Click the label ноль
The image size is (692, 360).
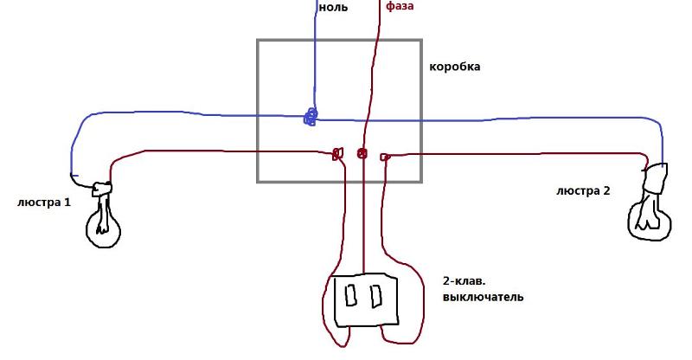click(x=333, y=7)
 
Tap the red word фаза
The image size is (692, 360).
click(x=400, y=6)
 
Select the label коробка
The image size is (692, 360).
click(x=455, y=67)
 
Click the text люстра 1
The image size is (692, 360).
click(x=44, y=202)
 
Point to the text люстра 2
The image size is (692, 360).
click(x=583, y=191)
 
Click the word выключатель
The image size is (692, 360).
click(x=484, y=296)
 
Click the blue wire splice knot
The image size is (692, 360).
click(x=311, y=117)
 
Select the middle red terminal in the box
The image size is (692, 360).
click(x=362, y=154)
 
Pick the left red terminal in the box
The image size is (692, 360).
click(x=337, y=154)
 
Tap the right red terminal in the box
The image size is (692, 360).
click(x=384, y=157)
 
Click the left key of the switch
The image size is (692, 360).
click(x=351, y=295)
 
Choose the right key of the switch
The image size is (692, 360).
click(x=376, y=296)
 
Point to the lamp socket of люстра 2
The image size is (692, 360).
click(x=656, y=178)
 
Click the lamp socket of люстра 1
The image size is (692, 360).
click(x=102, y=190)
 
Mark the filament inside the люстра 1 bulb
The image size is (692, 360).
click(x=103, y=215)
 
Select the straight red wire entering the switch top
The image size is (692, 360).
click(x=363, y=215)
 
